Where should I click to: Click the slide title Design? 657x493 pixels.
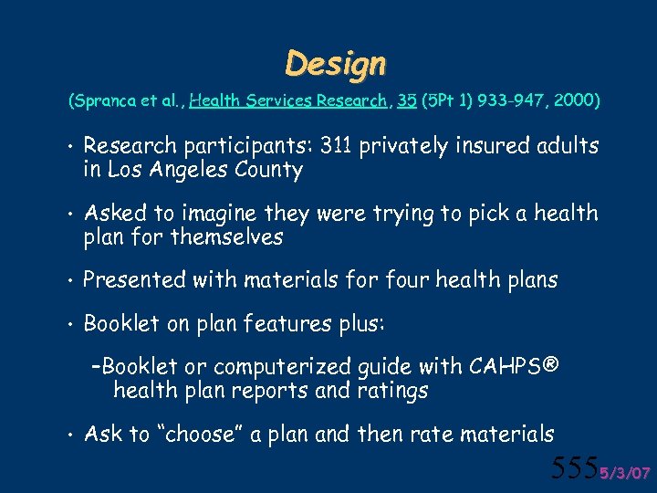click(x=335, y=63)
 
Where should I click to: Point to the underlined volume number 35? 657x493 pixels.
click(x=407, y=100)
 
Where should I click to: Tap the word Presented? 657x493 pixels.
click(x=134, y=280)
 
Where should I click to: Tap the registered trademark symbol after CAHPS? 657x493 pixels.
click(x=551, y=366)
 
